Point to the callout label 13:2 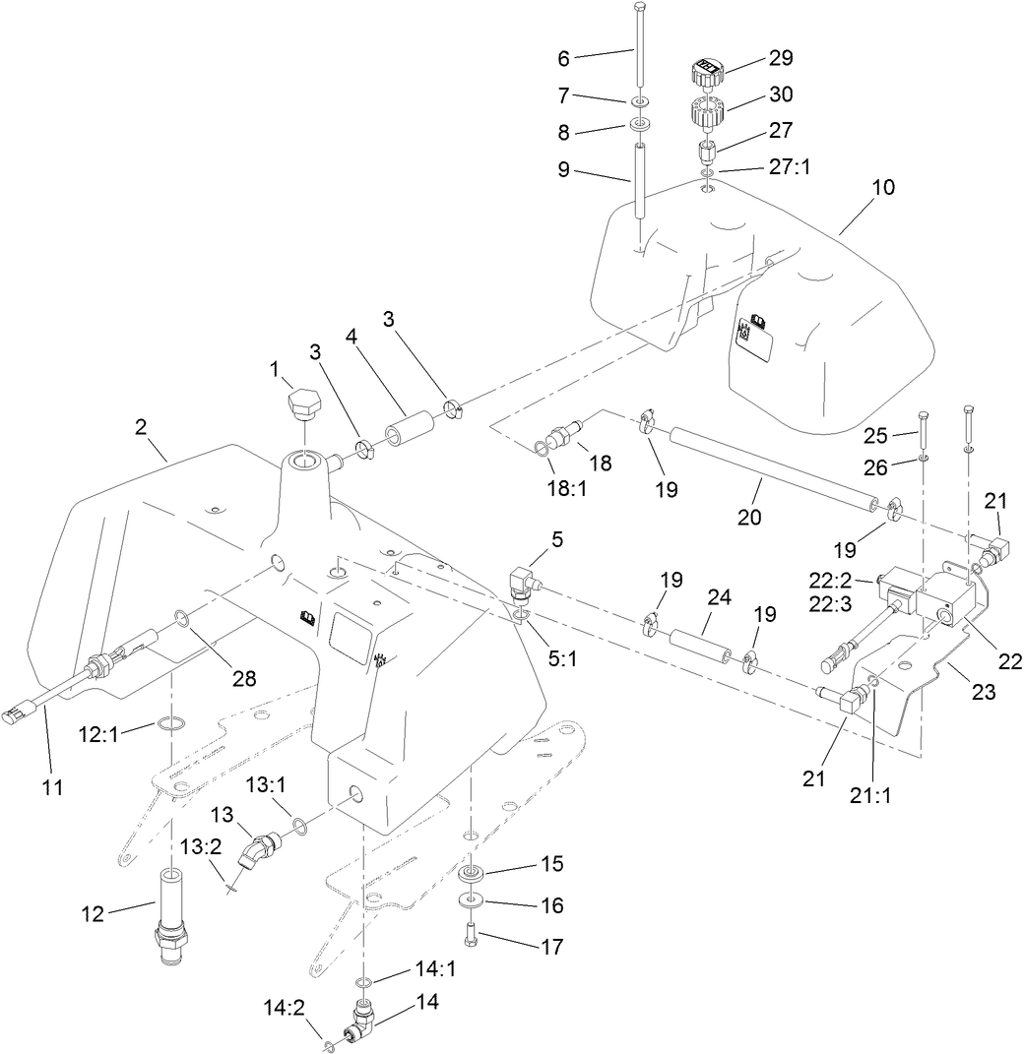[x=199, y=846]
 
